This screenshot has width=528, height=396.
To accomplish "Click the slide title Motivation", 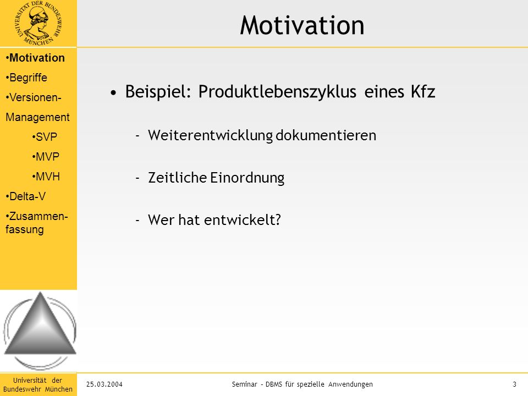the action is [x=302, y=25].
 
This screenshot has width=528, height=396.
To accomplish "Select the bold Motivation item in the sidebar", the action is [x=35, y=58].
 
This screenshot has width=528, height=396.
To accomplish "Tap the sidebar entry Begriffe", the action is [x=26, y=78].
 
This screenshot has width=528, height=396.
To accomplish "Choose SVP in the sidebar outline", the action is [x=45, y=137].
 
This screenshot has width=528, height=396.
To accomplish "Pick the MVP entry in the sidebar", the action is [x=46, y=157].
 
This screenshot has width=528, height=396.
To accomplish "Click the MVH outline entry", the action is [x=46, y=177].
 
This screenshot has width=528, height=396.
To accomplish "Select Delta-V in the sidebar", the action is [x=26, y=196].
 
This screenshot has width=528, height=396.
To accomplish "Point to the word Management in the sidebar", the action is [x=37, y=117].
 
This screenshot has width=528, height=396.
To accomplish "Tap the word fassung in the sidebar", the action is [x=25, y=230].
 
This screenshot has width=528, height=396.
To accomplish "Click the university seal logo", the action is [x=38, y=23].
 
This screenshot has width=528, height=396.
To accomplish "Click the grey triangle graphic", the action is [x=40, y=323].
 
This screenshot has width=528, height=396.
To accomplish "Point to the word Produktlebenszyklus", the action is [x=277, y=92].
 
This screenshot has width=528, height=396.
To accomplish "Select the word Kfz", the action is [x=422, y=91].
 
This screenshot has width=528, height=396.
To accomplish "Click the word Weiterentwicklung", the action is [x=211, y=135].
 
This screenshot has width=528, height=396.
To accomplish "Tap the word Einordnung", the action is [x=247, y=178].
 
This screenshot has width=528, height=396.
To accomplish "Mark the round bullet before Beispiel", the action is [x=113, y=92].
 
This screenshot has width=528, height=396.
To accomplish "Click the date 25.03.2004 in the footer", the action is [x=105, y=384].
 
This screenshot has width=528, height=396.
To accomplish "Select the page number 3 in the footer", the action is [x=514, y=384].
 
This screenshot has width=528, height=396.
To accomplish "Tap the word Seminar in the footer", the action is [x=244, y=384].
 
